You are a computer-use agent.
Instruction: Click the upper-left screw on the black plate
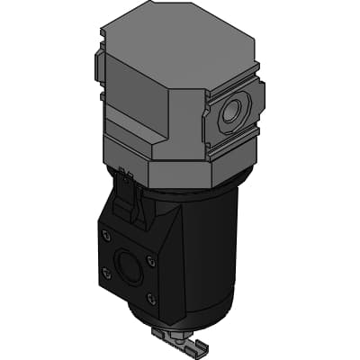click(107, 236)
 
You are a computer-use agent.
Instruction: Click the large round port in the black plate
click(128, 268)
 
